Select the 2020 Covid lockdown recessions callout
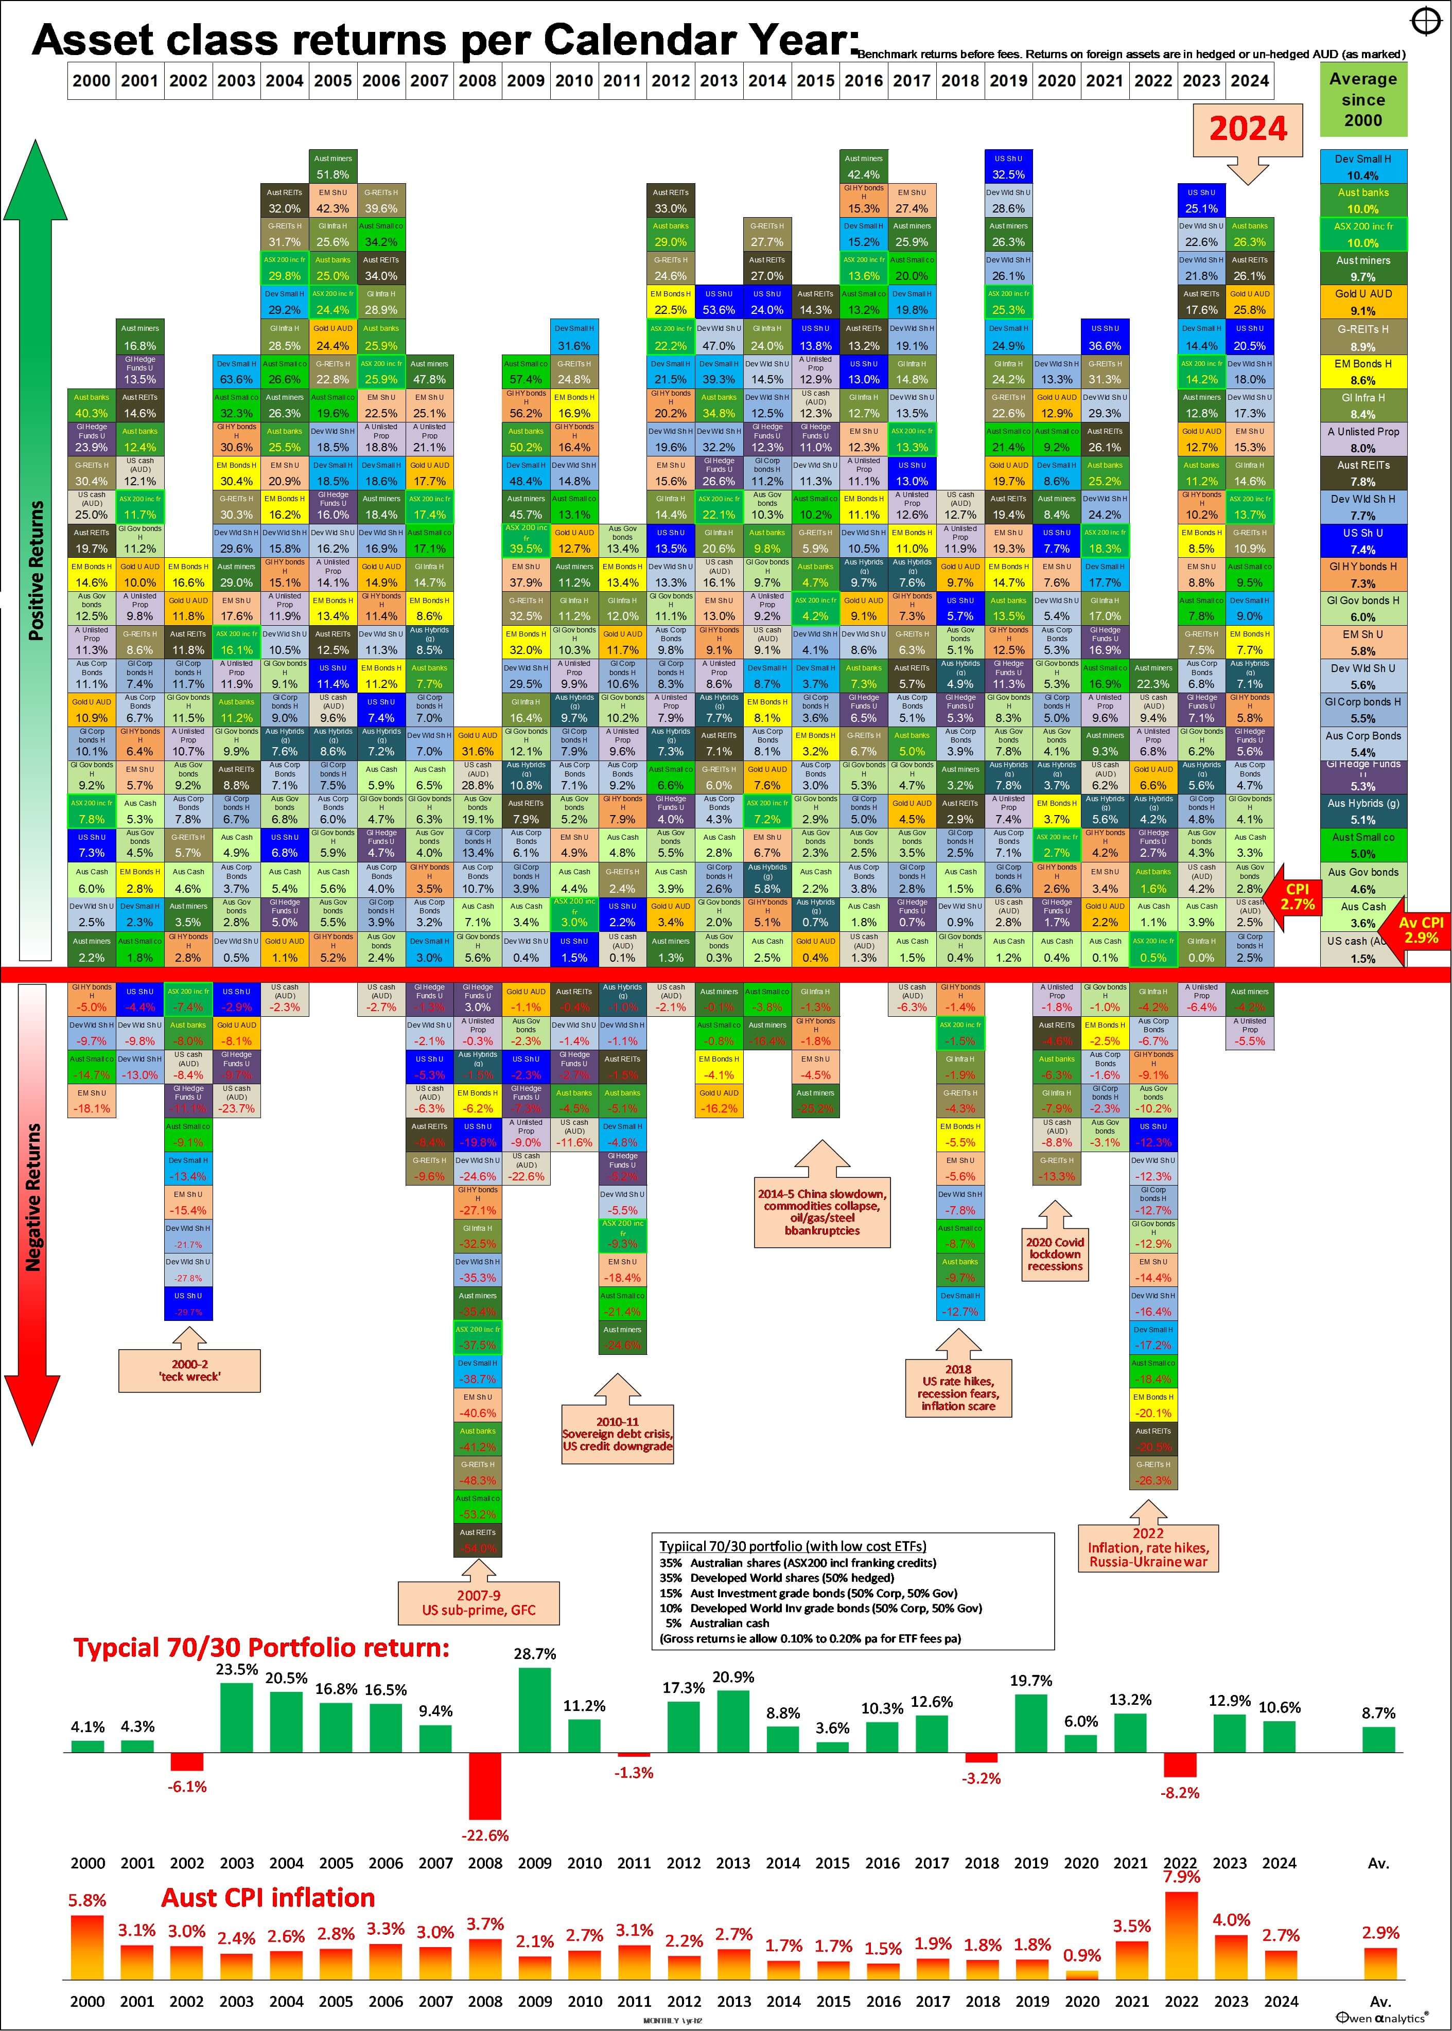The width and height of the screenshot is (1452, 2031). coord(1055,1252)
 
